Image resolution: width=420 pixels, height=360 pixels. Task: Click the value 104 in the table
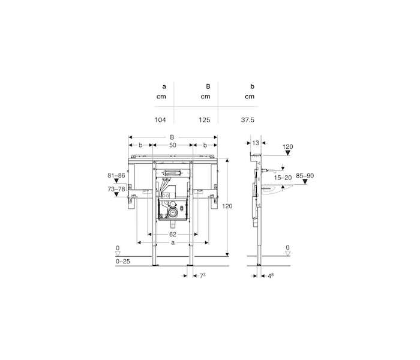160,120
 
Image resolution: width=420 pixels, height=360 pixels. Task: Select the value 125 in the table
205,120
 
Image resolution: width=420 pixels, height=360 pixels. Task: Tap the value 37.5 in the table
247,120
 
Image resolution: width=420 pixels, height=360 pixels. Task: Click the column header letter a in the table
164,87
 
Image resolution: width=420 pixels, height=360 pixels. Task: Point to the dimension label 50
173,145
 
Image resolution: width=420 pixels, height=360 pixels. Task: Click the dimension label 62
173,235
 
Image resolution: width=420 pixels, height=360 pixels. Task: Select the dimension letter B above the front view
172,137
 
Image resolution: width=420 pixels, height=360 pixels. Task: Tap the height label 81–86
116,175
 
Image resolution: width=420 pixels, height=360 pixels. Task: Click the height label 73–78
116,189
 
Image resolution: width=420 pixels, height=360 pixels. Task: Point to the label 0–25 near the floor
122,261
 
